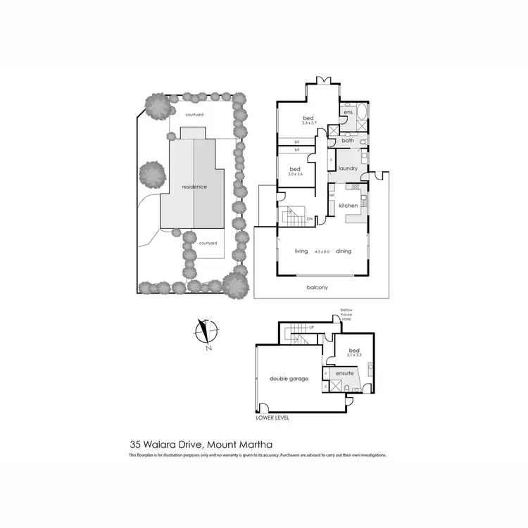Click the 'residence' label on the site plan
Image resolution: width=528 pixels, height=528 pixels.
coord(194,187)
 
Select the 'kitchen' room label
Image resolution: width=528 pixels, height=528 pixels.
coord(349,206)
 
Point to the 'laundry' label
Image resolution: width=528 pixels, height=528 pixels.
coord(348,169)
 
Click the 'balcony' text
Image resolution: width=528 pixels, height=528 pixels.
coord(317,287)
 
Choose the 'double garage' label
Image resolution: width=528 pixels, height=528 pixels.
coord(289,379)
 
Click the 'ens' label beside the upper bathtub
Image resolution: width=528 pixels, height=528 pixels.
coord(347,112)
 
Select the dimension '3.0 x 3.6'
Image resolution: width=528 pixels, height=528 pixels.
coord(296,176)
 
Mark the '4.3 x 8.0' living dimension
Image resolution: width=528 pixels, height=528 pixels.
coord(322,251)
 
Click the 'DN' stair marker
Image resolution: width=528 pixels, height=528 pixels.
coord(310,219)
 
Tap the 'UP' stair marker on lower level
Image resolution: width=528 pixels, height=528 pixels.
coord(310,329)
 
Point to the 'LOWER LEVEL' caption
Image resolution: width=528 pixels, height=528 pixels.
coord(273,417)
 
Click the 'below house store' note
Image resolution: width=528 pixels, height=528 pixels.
coord(346,314)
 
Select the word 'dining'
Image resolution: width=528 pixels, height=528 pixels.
coord(343,251)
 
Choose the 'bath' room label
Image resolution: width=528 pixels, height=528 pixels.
coord(348,141)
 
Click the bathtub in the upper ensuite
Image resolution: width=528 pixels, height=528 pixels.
coord(360,111)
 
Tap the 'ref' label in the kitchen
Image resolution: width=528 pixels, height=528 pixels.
coord(332,195)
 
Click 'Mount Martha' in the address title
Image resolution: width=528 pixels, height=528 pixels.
coord(243,444)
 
